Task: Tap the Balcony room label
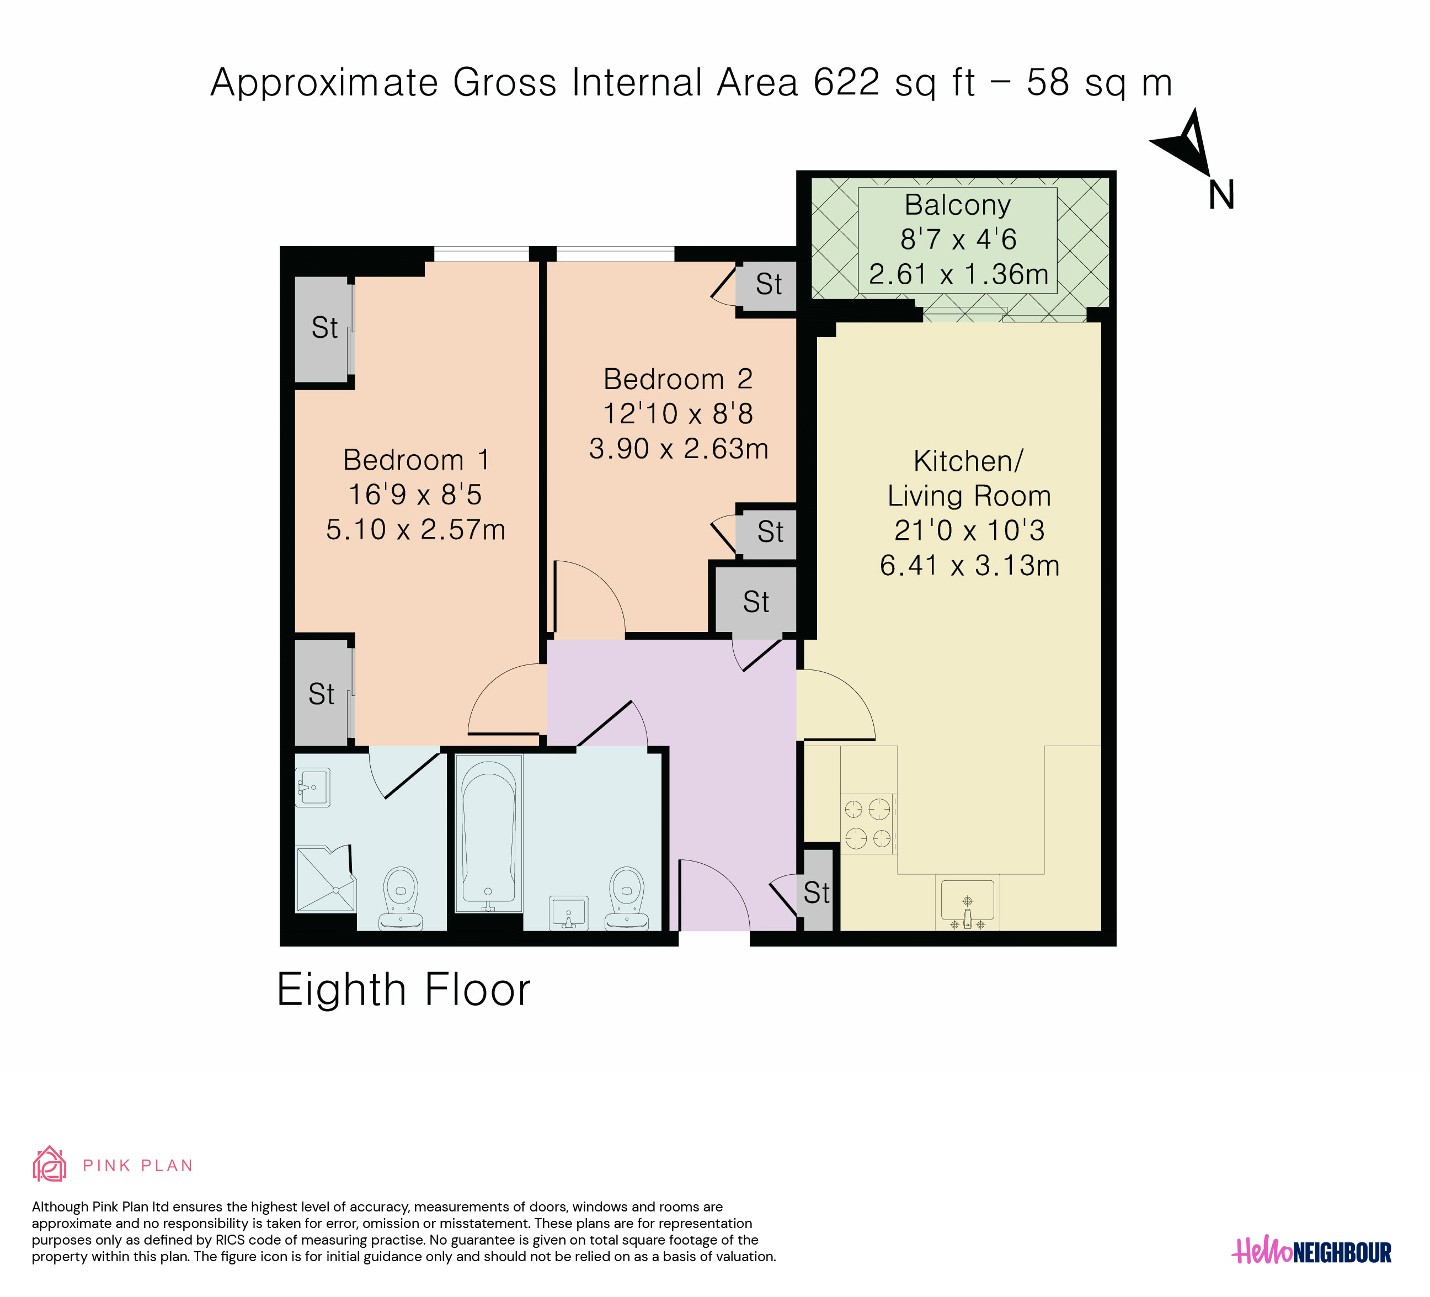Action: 958,205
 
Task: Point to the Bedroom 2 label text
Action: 677,379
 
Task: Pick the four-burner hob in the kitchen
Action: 869,823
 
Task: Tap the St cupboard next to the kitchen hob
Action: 817,891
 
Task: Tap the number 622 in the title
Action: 846,82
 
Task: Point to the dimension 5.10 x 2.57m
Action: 415,530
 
